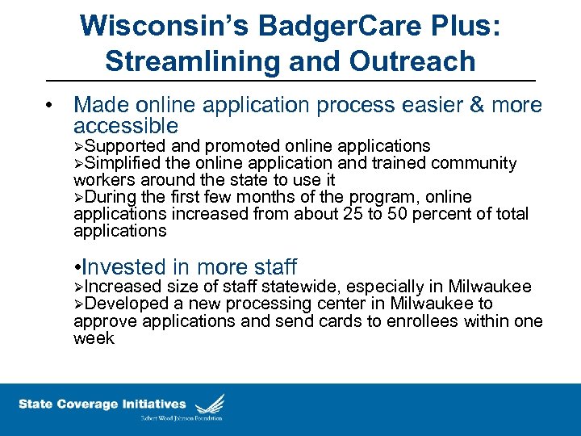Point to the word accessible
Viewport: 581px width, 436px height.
point(125,126)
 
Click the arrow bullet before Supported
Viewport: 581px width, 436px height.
point(78,146)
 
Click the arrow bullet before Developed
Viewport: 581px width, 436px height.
point(78,304)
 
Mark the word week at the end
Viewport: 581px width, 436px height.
point(94,338)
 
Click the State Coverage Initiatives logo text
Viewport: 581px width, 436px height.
point(102,405)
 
